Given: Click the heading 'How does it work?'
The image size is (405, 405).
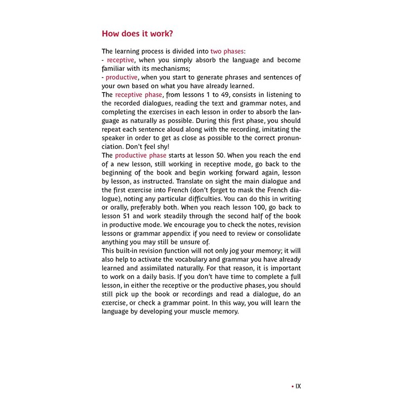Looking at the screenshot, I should (x=137, y=34).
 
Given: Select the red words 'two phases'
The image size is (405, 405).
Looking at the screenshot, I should (x=226, y=51).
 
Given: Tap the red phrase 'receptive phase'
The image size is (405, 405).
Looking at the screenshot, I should (x=139, y=95).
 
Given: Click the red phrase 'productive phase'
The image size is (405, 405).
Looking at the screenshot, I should (x=140, y=155).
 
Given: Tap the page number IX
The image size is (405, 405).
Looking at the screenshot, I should (x=298, y=386).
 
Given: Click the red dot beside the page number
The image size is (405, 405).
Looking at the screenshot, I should (x=292, y=386).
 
